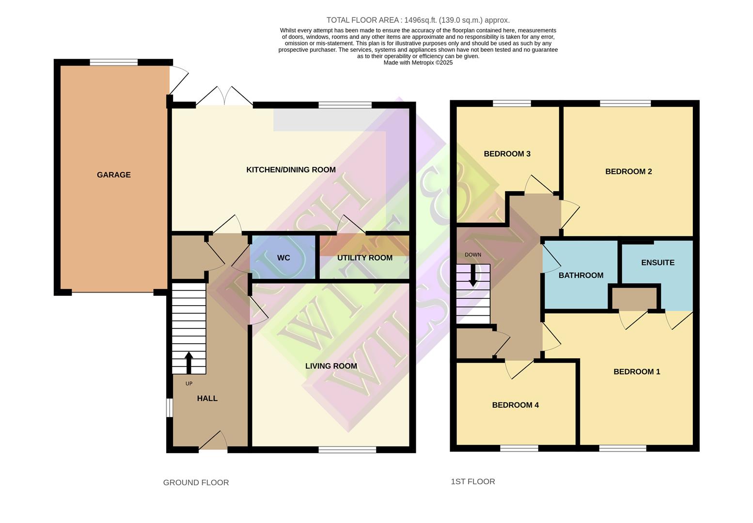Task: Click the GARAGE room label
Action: [113, 175]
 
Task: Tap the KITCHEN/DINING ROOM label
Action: [291, 169]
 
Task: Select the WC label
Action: [283, 258]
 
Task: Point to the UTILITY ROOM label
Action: [364, 258]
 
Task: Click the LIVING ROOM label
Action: [331, 366]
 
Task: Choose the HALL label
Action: [207, 399]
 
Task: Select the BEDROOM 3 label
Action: [507, 154]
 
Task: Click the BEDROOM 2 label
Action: [628, 171]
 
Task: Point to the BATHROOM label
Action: [580, 276]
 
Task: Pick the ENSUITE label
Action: [658, 262]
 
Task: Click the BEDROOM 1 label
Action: [637, 372]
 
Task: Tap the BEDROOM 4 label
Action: [515, 405]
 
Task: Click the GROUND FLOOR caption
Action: [196, 482]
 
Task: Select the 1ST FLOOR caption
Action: [472, 481]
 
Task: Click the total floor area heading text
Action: [418, 20]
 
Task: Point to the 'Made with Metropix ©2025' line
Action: [418, 62]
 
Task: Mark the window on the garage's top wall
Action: [113, 62]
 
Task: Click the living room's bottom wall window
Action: [347, 450]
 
